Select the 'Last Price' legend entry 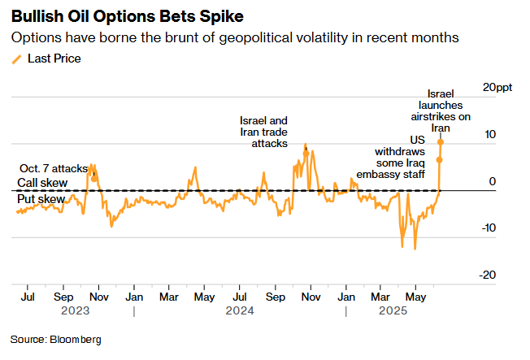tap(54, 59)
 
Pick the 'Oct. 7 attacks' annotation tap(52, 168)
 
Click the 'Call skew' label tap(42, 183)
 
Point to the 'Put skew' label tap(41, 198)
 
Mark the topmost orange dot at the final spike tap(440, 141)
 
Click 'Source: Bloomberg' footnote tap(56, 339)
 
